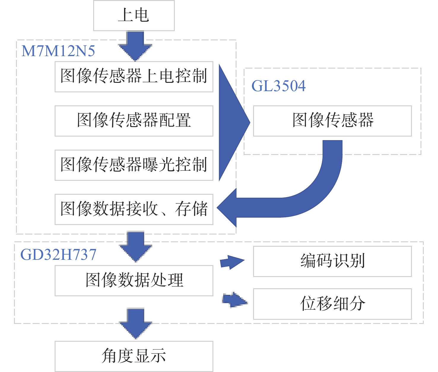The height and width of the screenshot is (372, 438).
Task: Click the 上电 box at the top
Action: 134,15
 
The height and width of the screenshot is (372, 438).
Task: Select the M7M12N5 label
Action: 58,51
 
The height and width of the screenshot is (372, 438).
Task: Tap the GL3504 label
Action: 278,86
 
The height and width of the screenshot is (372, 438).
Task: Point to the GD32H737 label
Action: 58,254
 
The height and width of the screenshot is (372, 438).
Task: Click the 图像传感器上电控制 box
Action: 134,77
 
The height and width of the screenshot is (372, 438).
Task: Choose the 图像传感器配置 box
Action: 134,121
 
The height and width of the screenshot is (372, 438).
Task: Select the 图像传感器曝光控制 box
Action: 134,165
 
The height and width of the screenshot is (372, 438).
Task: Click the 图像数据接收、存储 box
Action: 134,209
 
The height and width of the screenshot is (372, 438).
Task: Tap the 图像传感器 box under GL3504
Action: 332,121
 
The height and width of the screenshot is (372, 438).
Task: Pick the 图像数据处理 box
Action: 134,281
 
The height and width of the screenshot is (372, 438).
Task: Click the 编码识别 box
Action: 332,261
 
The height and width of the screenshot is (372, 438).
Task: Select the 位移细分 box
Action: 332,304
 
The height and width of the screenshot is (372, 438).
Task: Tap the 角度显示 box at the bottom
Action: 134,356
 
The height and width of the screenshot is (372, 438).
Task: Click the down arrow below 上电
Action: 135,46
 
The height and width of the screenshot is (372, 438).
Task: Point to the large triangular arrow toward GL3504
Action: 231,122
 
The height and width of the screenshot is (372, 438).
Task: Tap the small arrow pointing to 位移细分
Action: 234,300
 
